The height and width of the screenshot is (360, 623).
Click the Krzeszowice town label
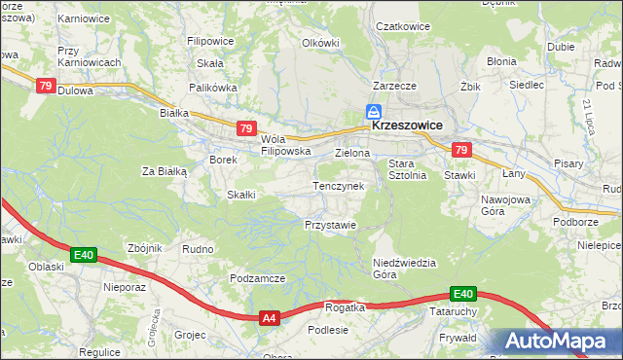[x=406, y=126]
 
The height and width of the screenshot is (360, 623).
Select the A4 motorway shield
[x=271, y=317]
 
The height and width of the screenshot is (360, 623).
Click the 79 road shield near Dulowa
[x=45, y=86]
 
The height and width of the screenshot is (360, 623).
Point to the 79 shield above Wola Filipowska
[x=246, y=128]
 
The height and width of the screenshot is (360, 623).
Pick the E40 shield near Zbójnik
[x=84, y=256]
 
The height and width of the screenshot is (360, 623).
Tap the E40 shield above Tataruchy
[x=462, y=294]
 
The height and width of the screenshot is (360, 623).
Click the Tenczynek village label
[x=338, y=185]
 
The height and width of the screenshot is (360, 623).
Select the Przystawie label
[x=330, y=224]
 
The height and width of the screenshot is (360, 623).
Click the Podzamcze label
[x=257, y=278]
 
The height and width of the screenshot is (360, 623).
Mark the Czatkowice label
[x=403, y=26]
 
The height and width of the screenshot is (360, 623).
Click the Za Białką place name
[x=164, y=171]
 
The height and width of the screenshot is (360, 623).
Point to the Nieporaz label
[x=124, y=288]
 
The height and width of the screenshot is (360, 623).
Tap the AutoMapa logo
[x=559, y=342]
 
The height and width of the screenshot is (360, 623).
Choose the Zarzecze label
[x=394, y=86]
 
